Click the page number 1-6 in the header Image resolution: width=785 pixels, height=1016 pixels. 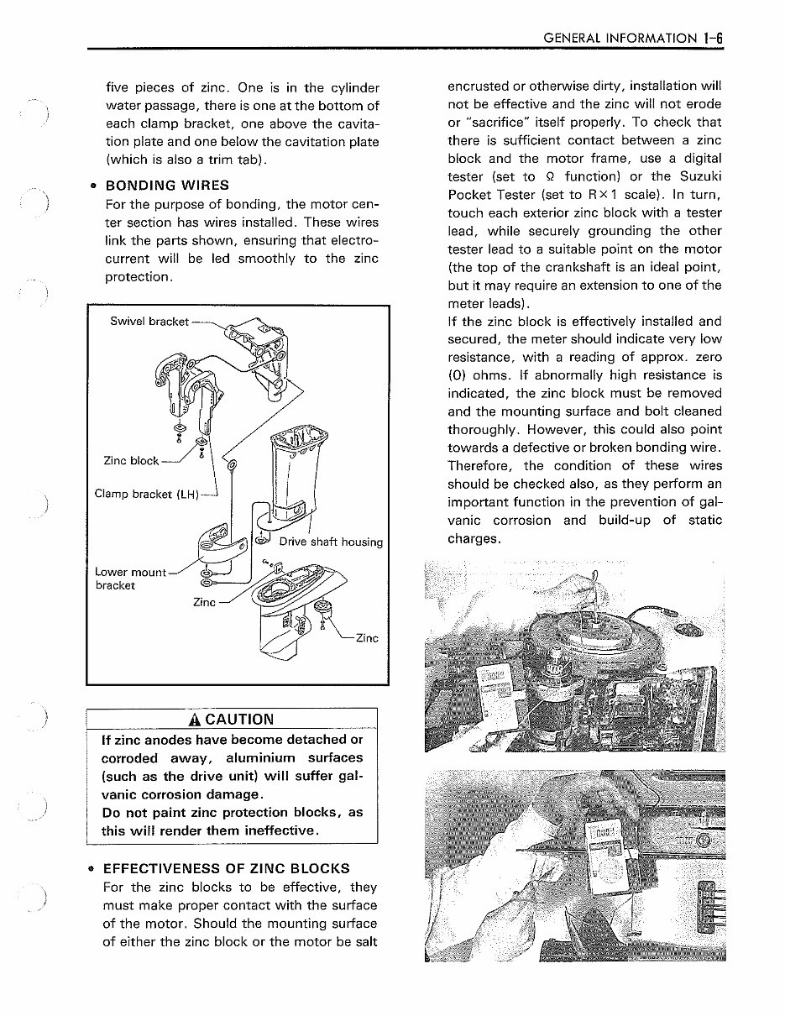click(714, 38)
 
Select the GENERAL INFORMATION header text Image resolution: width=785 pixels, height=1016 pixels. click(620, 38)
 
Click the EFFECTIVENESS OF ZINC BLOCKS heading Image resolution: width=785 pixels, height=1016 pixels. click(226, 868)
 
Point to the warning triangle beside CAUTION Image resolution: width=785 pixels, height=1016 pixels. click(196, 720)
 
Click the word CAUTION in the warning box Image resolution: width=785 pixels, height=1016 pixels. click(240, 720)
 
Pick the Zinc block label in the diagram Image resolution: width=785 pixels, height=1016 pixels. click(130, 460)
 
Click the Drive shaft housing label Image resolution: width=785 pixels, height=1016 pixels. click(331, 542)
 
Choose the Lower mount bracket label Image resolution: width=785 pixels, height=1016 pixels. click(130, 578)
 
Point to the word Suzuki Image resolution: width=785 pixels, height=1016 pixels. click(693, 176)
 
